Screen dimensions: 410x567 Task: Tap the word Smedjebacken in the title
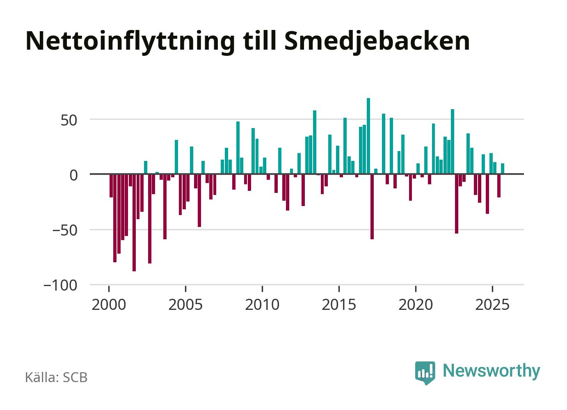click(x=376, y=41)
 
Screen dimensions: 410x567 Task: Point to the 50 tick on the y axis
click(x=68, y=120)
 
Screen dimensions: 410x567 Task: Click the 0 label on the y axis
click(x=73, y=175)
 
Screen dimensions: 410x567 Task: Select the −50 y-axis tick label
click(x=65, y=230)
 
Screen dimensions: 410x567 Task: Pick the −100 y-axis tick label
click(x=60, y=285)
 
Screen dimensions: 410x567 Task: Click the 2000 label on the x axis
click(x=109, y=305)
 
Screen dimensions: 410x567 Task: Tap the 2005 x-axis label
click(x=186, y=305)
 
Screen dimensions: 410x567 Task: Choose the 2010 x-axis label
click(x=263, y=305)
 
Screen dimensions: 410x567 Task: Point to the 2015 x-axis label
click(x=339, y=305)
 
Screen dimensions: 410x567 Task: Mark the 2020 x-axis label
click(x=416, y=305)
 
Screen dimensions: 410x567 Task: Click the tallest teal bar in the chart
click(x=368, y=136)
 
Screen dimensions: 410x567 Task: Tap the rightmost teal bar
click(x=503, y=169)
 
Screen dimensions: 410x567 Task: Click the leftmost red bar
click(x=111, y=186)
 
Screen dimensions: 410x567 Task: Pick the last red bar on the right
click(x=499, y=186)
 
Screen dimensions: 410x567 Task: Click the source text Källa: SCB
click(x=56, y=378)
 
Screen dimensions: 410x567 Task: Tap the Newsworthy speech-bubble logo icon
click(x=425, y=372)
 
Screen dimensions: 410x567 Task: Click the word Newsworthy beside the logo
click(x=492, y=371)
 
